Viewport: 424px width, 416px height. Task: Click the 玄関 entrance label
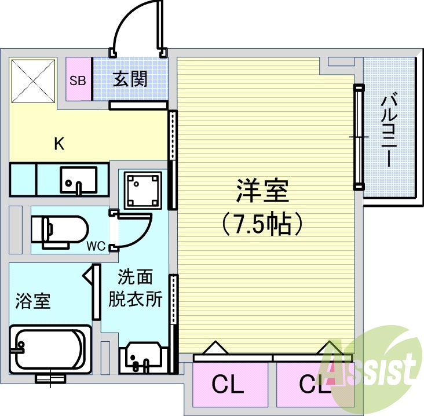point(130,79)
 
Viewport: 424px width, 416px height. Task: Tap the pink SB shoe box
point(78,80)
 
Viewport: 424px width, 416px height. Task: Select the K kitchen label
point(59,144)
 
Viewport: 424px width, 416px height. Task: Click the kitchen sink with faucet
point(79,180)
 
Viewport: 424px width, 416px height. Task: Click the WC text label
point(96,246)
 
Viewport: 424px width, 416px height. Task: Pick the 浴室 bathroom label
point(32,301)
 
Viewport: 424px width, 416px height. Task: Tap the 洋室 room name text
point(262,191)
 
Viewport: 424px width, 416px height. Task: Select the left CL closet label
point(227,384)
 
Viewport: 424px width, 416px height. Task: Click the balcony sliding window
point(359,137)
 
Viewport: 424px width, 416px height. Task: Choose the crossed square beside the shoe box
point(34,80)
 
